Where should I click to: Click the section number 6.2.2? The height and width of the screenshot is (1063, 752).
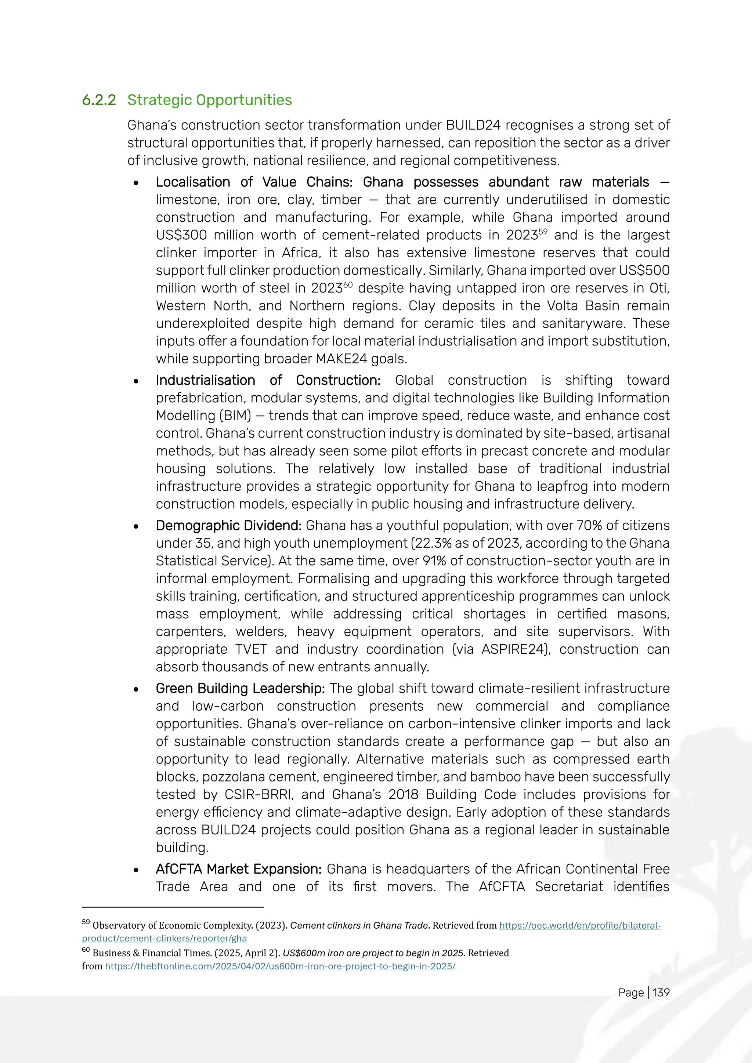[x=99, y=100]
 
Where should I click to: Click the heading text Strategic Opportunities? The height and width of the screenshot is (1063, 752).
[x=209, y=100]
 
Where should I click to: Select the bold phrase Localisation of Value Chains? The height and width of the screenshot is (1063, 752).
[x=253, y=182]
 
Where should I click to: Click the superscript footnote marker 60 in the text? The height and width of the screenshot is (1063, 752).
[x=348, y=284]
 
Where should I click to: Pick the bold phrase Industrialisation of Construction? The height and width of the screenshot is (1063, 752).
[x=268, y=380]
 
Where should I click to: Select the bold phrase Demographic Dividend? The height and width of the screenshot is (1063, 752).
[x=229, y=526]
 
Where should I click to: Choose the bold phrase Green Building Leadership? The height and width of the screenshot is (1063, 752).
[x=240, y=689]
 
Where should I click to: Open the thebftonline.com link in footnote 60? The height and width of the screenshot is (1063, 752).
[x=280, y=966]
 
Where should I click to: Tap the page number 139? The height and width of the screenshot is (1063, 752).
[x=661, y=992]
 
